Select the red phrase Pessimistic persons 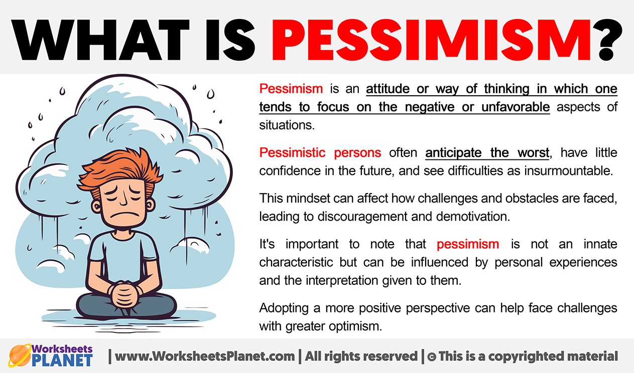pyautogui.click(x=320, y=153)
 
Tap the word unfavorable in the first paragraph pyautogui.click(x=516, y=107)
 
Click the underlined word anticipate pyautogui.click(x=453, y=153)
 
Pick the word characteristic pyautogui.click(x=296, y=262)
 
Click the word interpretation pyautogui.click(x=342, y=281)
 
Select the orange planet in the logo pyautogui.click(x=20, y=355)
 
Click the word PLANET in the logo pyautogui.click(x=62, y=360)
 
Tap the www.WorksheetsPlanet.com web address pyautogui.click(x=205, y=356)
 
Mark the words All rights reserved pyautogui.click(x=361, y=356)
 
